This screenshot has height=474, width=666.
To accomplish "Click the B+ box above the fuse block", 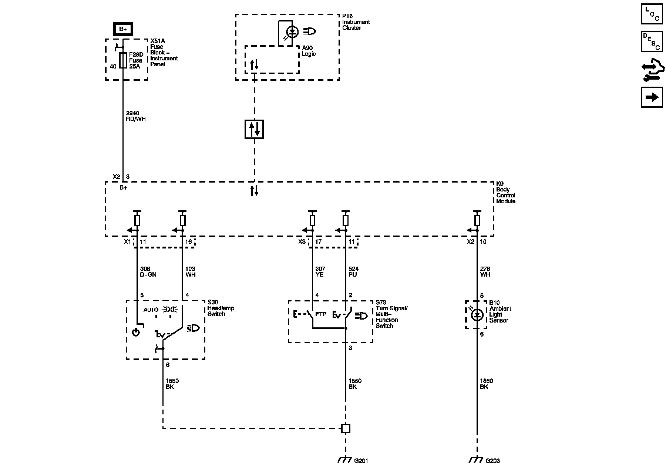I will (x=122, y=29).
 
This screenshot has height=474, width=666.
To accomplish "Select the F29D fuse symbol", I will (x=123, y=60).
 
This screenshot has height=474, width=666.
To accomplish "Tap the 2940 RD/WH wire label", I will (x=136, y=116).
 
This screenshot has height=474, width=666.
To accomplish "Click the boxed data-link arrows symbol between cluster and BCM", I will (x=254, y=129).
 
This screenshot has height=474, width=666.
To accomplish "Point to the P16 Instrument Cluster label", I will (x=356, y=22).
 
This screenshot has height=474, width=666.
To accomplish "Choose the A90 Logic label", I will (x=309, y=51).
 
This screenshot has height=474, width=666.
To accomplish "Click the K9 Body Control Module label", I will (x=505, y=193).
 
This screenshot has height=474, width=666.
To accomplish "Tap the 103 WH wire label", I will (x=190, y=271).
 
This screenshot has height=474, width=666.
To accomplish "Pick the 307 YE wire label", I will (x=320, y=271).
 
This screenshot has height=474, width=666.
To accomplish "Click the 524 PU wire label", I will (x=353, y=271).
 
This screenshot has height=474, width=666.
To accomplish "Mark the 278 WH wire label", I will (x=485, y=271).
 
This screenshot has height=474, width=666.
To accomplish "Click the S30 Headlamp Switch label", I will (x=221, y=308).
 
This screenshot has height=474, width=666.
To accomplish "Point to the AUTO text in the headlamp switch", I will (x=151, y=310).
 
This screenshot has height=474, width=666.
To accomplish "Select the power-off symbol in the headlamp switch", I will (x=136, y=332).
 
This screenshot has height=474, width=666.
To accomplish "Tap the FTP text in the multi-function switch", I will (x=321, y=314).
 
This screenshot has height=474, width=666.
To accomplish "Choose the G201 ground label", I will (x=361, y=461).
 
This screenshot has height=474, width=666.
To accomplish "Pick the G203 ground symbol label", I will (x=493, y=461).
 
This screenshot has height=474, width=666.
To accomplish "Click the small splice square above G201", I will (x=346, y=428).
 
